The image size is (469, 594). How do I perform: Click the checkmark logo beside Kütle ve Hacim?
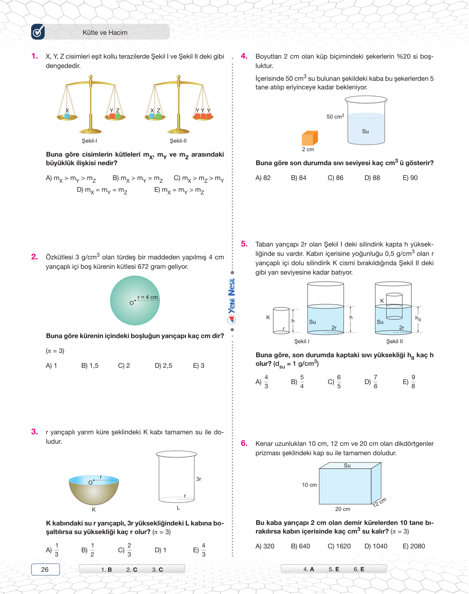point(38,32)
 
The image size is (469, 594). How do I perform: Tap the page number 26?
point(45,569)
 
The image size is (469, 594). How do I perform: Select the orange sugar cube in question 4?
point(309,138)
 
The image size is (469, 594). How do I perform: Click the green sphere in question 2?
point(135,300)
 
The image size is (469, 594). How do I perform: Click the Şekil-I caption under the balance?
point(89,141)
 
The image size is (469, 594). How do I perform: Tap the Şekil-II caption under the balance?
point(178,141)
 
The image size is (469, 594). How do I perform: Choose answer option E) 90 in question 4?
point(410,178)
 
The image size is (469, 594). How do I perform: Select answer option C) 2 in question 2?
point(124,366)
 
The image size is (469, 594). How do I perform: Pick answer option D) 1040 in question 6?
point(376,546)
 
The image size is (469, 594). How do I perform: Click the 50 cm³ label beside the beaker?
point(335,117)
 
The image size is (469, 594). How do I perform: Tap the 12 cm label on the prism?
point(379,502)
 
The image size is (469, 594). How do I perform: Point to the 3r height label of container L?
point(199,479)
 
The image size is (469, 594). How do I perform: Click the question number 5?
point(244,244)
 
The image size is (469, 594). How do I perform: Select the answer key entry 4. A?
point(309,569)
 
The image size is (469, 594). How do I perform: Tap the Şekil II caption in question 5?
point(394,341)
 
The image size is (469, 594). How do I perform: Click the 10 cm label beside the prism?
point(309,485)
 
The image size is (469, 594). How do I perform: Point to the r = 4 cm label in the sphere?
point(148,297)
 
